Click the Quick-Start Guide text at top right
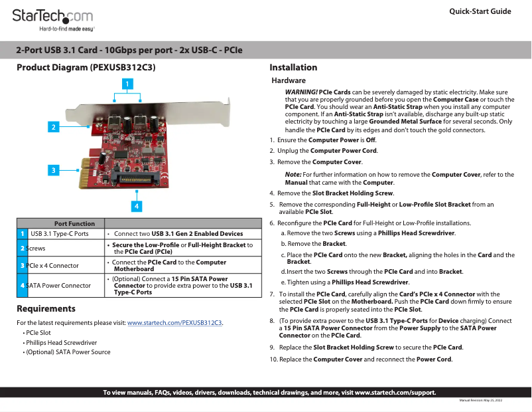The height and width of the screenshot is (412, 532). point(480,12)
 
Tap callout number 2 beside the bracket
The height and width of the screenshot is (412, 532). point(53,126)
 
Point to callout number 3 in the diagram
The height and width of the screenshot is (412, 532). point(53,170)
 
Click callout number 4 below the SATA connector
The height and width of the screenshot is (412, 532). point(137,206)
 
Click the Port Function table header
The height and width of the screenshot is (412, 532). point(74,223)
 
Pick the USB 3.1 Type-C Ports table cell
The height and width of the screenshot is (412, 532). point(60,234)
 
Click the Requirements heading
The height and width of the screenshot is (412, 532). point(46,308)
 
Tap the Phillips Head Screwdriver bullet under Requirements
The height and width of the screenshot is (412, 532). point(61,342)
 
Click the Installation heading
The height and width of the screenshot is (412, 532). point(293,67)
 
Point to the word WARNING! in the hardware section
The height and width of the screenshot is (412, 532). point(301,92)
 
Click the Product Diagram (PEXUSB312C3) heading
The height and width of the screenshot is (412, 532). point(86,67)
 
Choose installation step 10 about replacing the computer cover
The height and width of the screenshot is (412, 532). point(361,360)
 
